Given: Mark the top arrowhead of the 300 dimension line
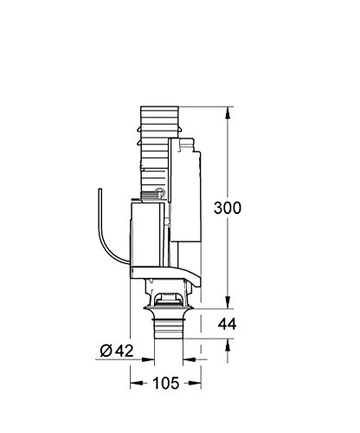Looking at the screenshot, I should coord(227,112).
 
